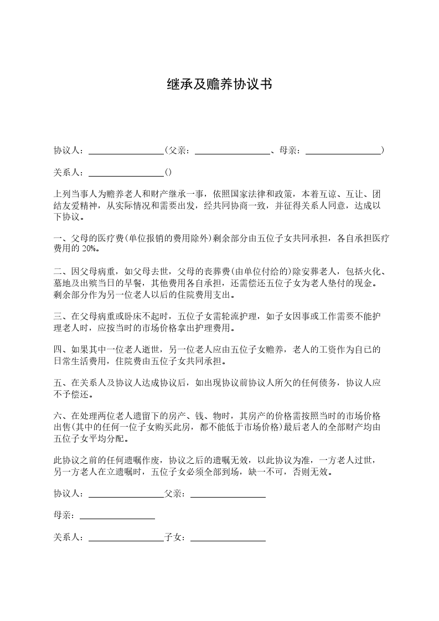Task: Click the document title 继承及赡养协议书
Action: [219, 84]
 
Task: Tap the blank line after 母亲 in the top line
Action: [343, 151]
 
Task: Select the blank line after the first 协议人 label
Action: [126, 151]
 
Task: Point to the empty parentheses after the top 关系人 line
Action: [168, 172]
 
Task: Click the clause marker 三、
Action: [60, 316]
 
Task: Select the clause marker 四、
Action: [60, 349]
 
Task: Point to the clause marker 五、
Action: [60, 382]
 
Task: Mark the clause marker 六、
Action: [60, 416]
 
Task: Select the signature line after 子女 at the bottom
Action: [228, 538]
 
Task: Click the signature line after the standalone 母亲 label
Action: [117, 516]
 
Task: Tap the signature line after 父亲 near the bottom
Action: [228, 494]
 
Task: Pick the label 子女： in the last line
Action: [177, 537]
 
